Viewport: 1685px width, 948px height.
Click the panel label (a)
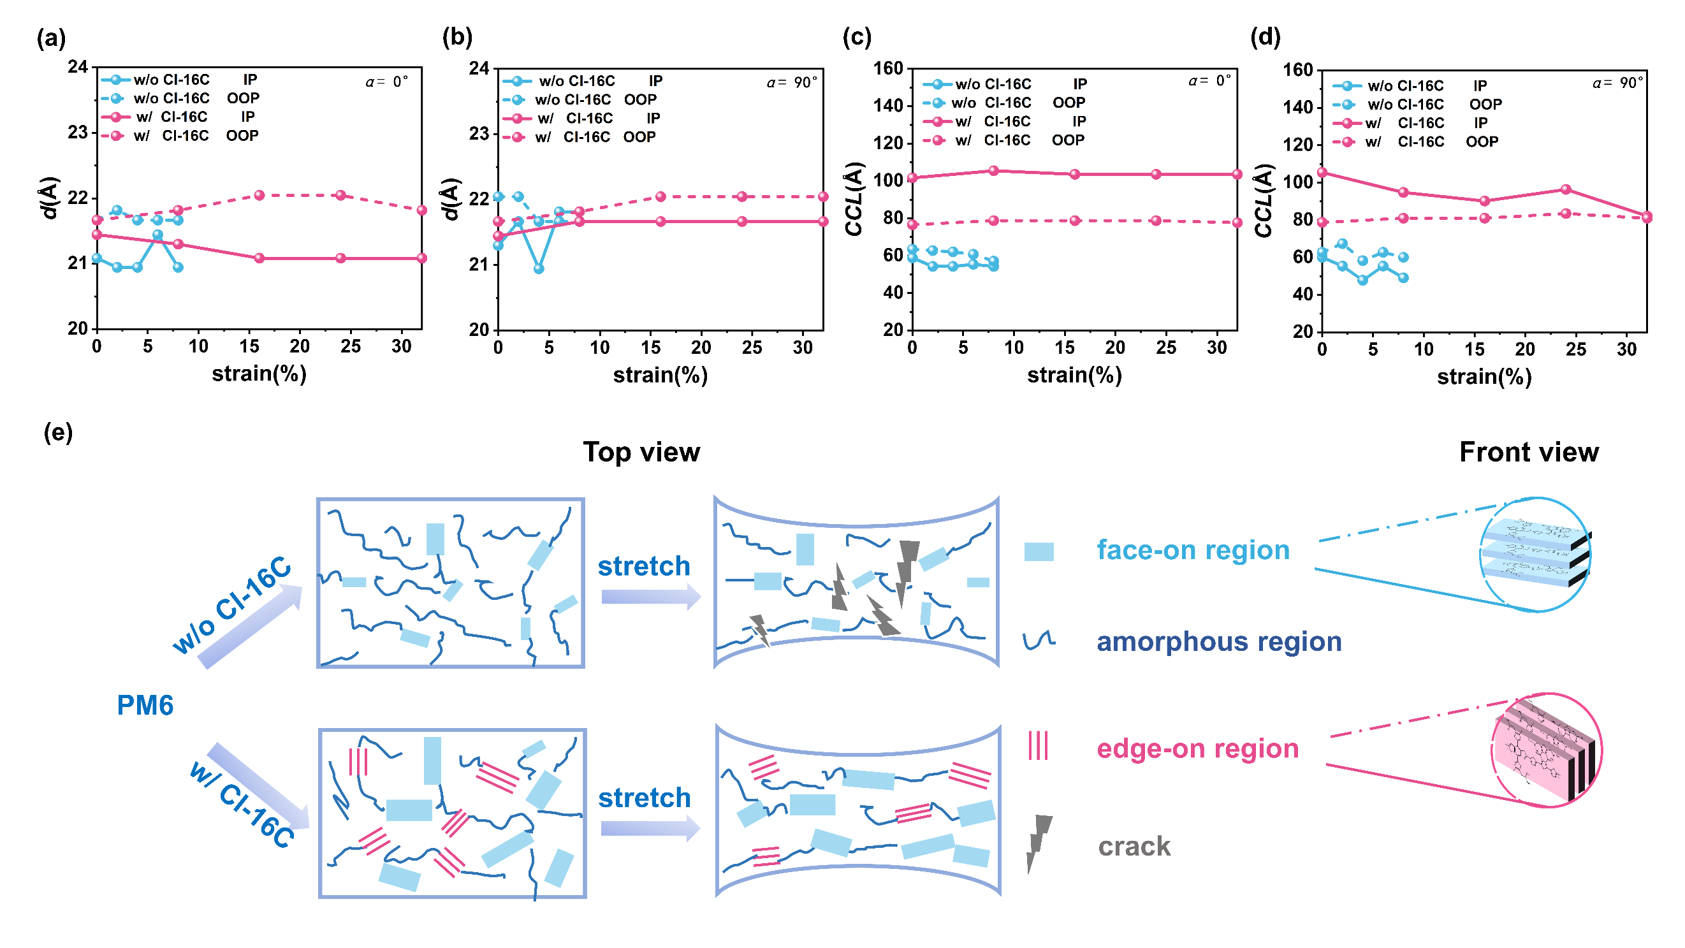[51, 40]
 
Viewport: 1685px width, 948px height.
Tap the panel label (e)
[57, 432]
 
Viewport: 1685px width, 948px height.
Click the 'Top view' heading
[641, 452]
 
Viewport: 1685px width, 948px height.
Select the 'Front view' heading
[1529, 452]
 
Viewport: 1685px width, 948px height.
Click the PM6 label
[145, 705]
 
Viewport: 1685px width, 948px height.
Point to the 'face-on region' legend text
[1192, 550]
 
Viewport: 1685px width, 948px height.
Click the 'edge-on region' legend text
[1197, 748]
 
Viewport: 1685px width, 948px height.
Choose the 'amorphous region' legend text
[1218, 642]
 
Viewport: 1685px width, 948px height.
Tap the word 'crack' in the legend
[1134, 847]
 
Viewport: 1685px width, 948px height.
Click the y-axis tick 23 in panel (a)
[77, 133]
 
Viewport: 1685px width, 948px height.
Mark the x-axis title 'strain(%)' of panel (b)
[660, 376]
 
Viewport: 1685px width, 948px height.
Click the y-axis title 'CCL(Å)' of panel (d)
[1264, 200]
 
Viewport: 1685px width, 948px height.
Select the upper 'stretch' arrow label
[644, 567]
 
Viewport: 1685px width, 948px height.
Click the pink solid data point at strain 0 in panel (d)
[1322, 173]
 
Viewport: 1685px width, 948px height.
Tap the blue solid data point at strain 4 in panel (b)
[538, 269]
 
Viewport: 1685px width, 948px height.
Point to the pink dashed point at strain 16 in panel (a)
[259, 196]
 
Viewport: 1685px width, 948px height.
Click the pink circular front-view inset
[1548, 750]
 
